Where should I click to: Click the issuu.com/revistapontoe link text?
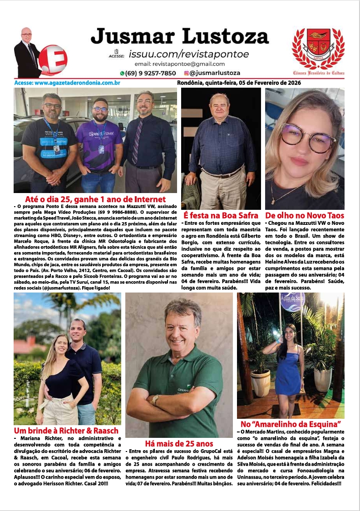pyautogui.click(x=188, y=54)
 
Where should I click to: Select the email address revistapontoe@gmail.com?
pyautogui.click(x=188, y=64)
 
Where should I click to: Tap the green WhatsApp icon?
pyautogui.click(x=122, y=73)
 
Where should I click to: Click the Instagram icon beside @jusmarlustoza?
pyautogui.click(x=186, y=73)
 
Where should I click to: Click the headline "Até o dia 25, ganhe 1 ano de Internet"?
pyautogui.click(x=95, y=199)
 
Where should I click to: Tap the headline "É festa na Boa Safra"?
pyautogui.click(x=221, y=216)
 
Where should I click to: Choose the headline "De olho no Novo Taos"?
pyautogui.click(x=305, y=216)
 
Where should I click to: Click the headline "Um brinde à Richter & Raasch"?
pyautogui.click(x=66, y=431)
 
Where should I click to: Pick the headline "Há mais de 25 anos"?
pyautogui.click(x=179, y=444)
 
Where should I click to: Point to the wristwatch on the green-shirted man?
pyautogui.click(x=156, y=400)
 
